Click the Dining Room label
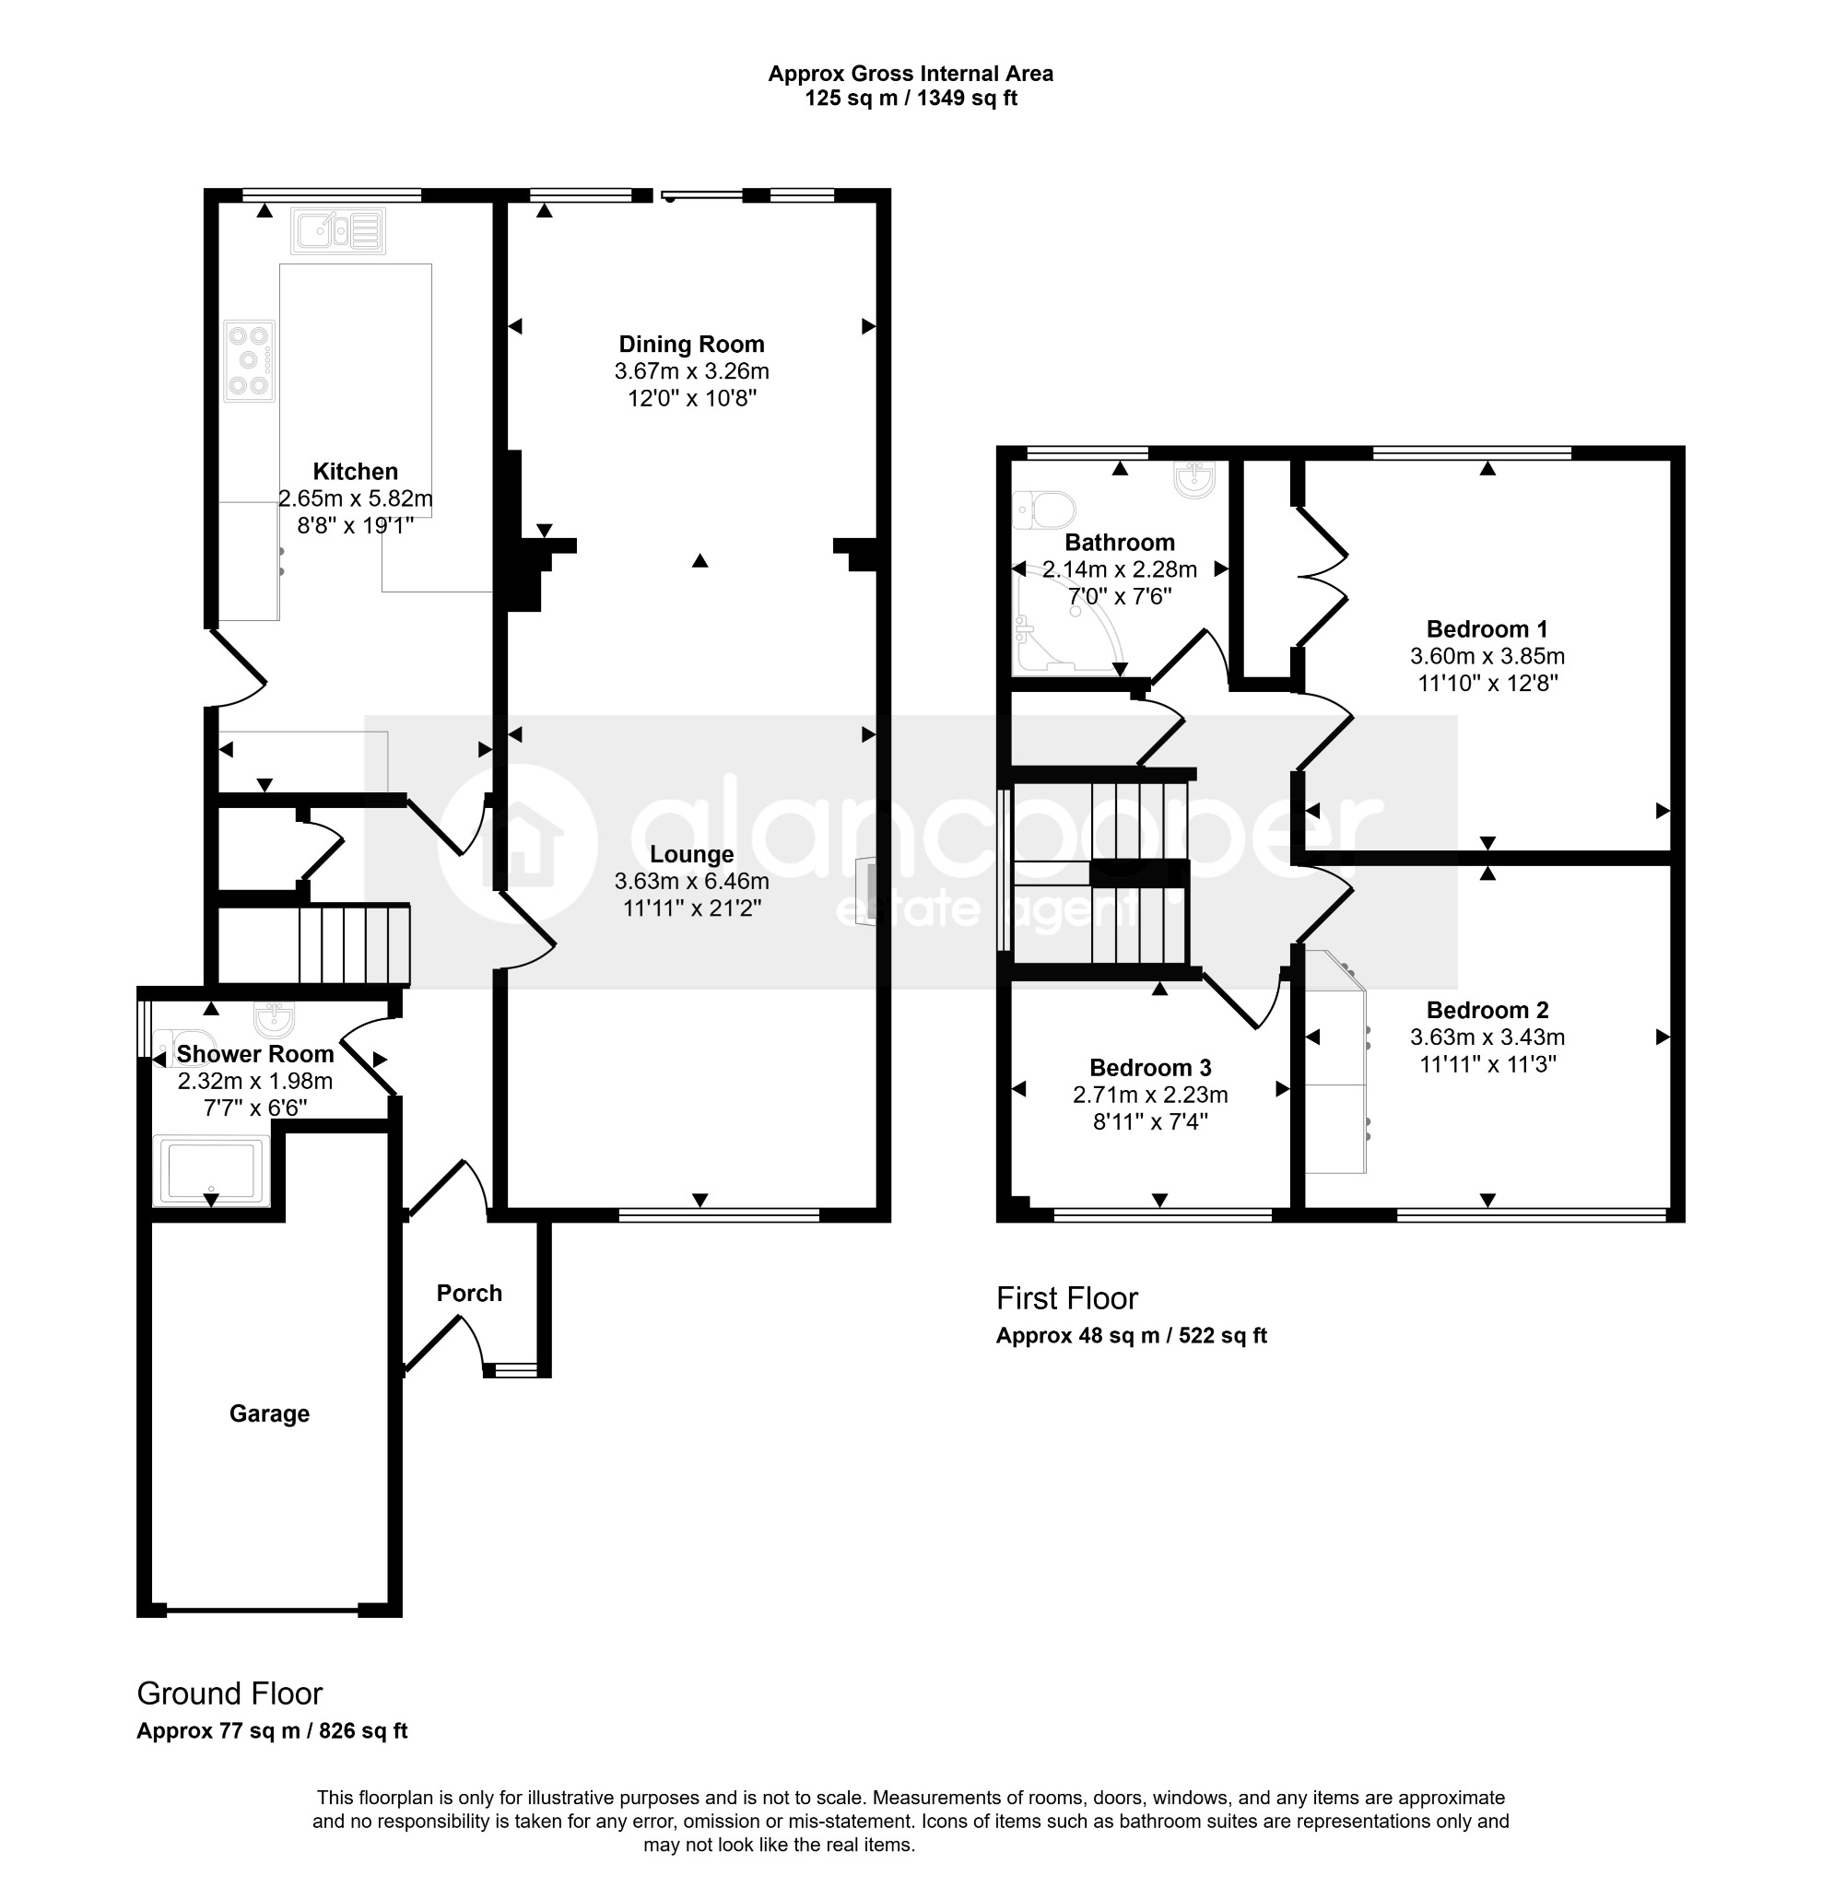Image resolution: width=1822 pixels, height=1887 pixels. coord(691,344)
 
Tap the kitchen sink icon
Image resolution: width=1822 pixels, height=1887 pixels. coord(338,231)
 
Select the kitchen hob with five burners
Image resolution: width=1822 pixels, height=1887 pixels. coord(250,361)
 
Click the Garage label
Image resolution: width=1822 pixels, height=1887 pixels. coord(270,1414)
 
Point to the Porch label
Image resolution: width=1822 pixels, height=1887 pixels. coord(469,1293)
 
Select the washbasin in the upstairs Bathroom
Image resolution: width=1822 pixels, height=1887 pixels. coord(1195,478)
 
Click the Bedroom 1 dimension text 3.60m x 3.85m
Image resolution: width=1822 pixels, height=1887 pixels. coord(1487,657)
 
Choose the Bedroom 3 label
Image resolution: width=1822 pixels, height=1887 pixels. coord(1150,1068)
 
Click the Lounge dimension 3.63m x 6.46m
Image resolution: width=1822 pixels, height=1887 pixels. coord(691,881)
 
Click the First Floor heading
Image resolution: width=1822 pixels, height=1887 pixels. coord(1067,1299)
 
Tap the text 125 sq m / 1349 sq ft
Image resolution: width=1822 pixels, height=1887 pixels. coord(911,99)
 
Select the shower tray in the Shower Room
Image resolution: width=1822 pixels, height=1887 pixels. coord(211,1170)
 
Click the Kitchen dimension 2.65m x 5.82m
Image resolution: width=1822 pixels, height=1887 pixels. coord(356,498)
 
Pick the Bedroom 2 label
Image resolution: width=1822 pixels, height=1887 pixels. coord(1487,1010)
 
